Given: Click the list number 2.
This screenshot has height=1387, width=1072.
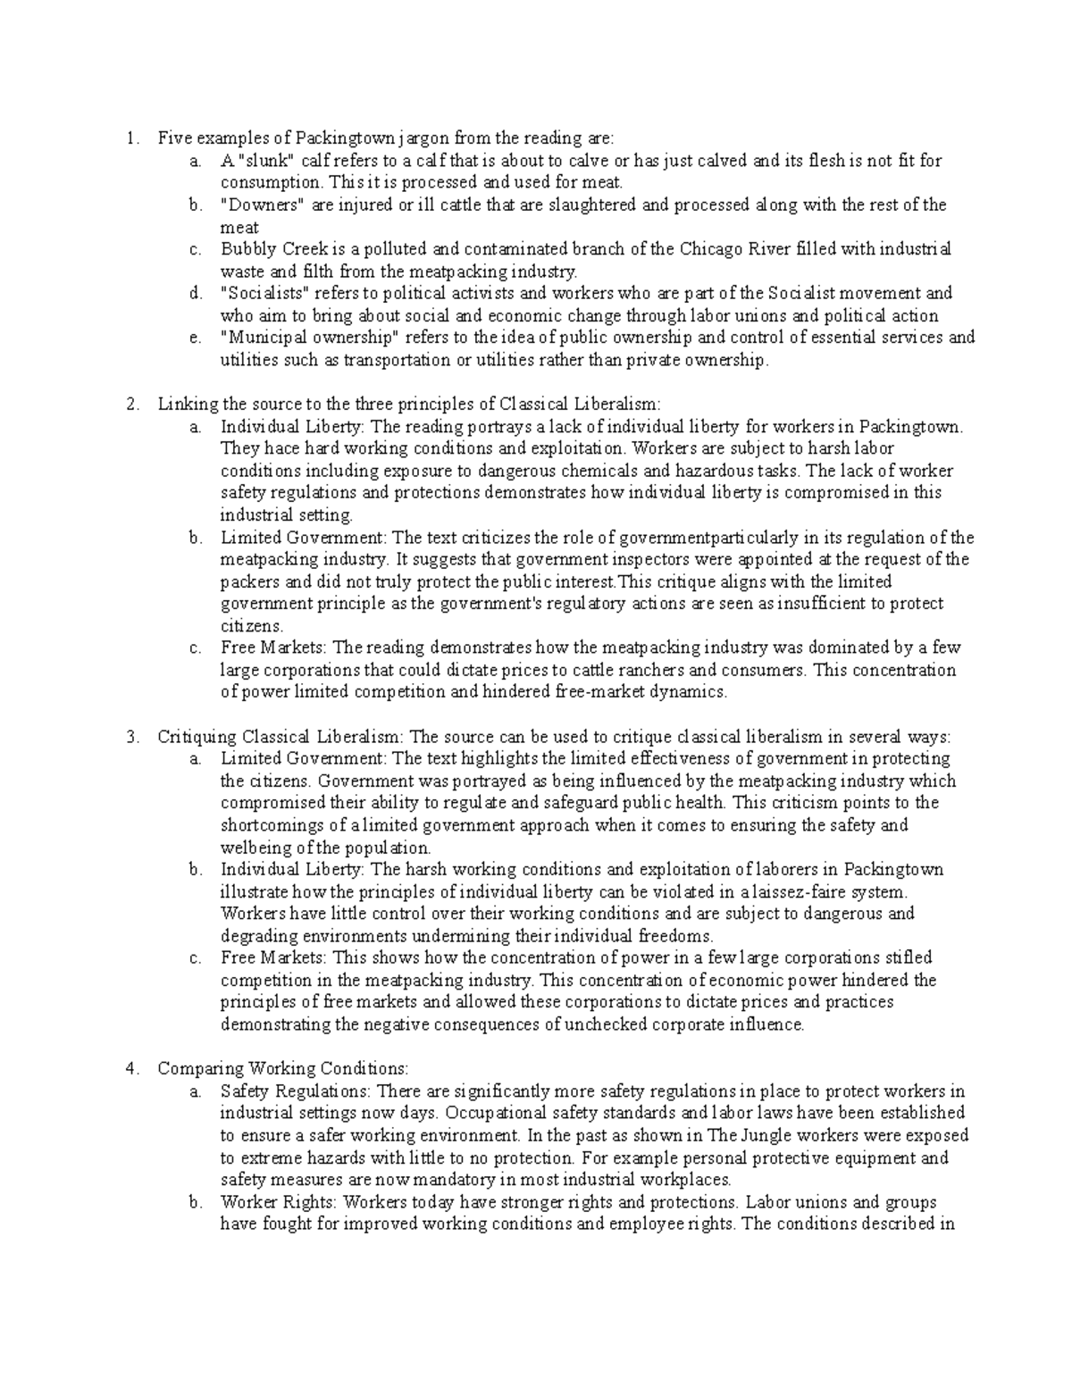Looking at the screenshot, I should (132, 404).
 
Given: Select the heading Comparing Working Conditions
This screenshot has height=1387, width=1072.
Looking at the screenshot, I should (281, 1068).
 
